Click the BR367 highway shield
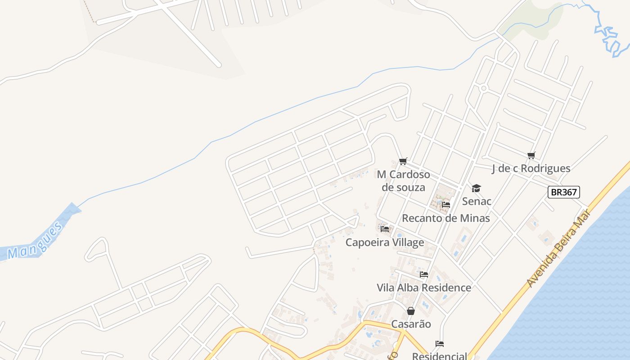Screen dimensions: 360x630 coord(564,192)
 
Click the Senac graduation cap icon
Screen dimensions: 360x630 coord(476,188)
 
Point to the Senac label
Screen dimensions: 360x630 coord(477,201)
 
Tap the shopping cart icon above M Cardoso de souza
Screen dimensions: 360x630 coord(403,161)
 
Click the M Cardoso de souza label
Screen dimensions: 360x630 coord(403,180)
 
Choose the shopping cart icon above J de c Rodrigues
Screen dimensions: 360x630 coord(531,156)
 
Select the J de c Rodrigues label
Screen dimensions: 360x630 coord(531,169)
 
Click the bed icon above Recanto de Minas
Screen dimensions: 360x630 coord(446,205)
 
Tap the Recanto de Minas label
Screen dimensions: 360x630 coord(445,218)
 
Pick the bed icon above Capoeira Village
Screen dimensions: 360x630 coord(385,229)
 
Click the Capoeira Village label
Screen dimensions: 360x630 coord(385,243)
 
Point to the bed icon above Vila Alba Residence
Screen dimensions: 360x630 coord(424,274)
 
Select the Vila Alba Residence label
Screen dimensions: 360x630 coord(424,288)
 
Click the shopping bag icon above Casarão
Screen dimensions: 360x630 coord(411,311)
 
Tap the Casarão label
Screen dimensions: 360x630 coord(411,324)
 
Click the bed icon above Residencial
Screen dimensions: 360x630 coord(440,344)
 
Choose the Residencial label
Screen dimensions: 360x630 coord(440,356)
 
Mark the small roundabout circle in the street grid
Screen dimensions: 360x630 coord(484,88)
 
